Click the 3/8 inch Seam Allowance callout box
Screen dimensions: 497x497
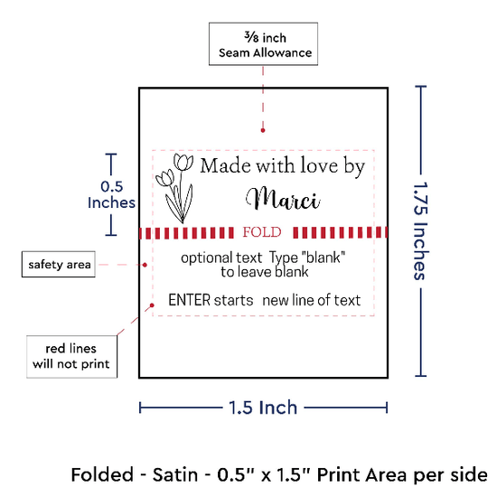[x=263, y=44]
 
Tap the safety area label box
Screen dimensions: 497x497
[x=59, y=265]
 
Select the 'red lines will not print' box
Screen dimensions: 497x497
[x=72, y=357]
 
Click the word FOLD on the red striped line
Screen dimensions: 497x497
[x=262, y=232]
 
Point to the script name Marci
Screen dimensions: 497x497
[x=283, y=200]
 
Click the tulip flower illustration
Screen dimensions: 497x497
[x=174, y=188]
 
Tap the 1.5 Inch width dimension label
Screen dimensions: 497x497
[x=263, y=408]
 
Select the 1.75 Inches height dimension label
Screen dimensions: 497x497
[x=421, y=231]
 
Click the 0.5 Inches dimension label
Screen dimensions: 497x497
[x=111, y=194]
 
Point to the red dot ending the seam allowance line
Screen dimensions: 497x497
[x=263, y=130]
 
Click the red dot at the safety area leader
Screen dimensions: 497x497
[x=145, y=265]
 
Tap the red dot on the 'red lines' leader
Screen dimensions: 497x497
[x=152, y=305]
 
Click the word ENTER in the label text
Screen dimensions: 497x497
[x=190, y=300]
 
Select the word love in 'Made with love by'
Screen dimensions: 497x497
[x=319, y=165]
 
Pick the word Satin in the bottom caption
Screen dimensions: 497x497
[x=175, y=474]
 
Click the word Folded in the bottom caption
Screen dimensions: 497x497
[x=102, y=474]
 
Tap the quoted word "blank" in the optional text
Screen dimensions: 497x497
[x=324, y=258]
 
